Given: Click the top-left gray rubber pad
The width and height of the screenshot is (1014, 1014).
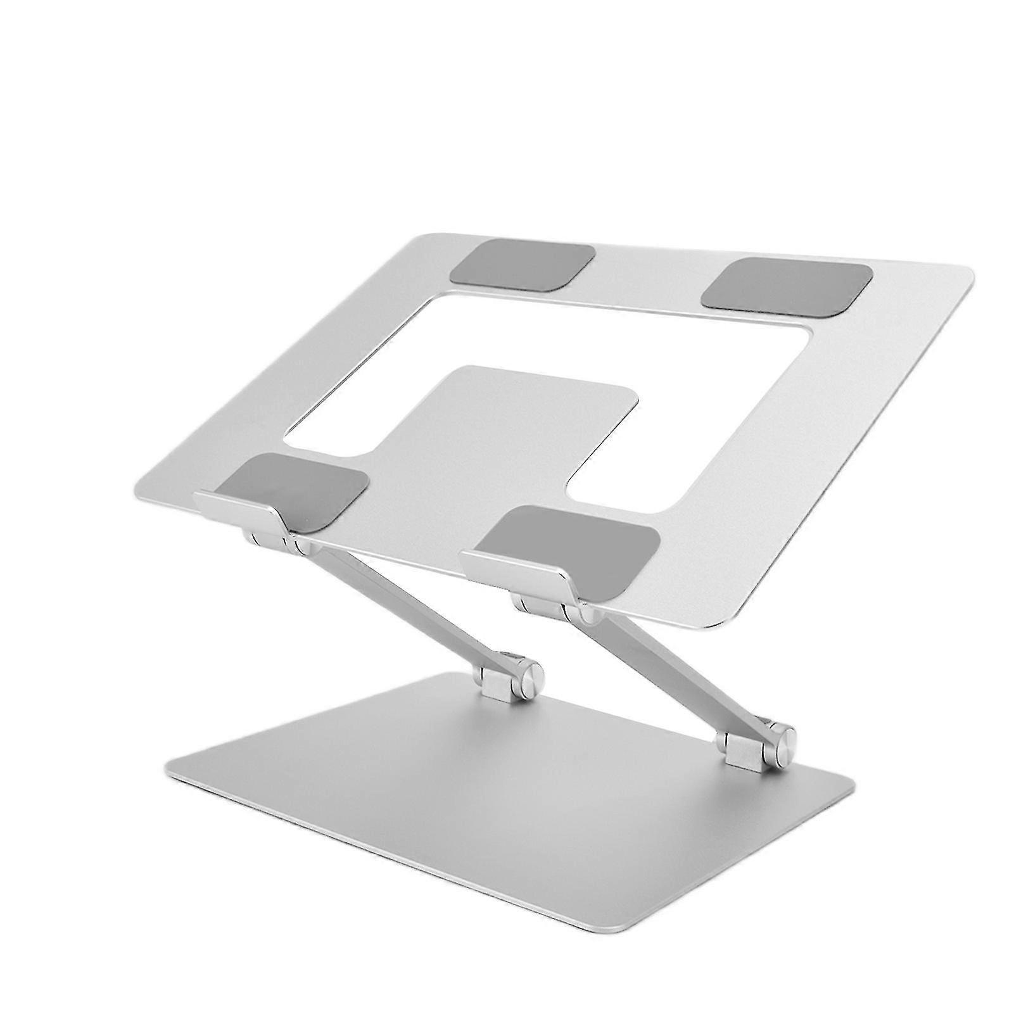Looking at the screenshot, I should tap(521, 262).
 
